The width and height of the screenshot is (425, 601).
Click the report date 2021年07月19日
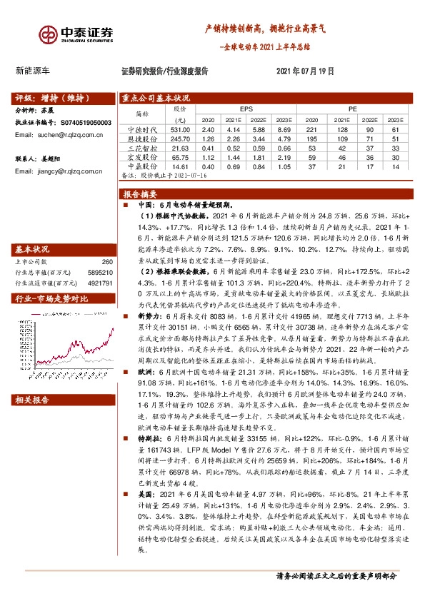click(305, 71)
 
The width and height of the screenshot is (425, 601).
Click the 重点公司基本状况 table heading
click(156, 99)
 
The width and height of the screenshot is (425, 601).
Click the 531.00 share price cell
click(179, 130)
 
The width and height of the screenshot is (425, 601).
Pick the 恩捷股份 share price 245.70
click(179, 138)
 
